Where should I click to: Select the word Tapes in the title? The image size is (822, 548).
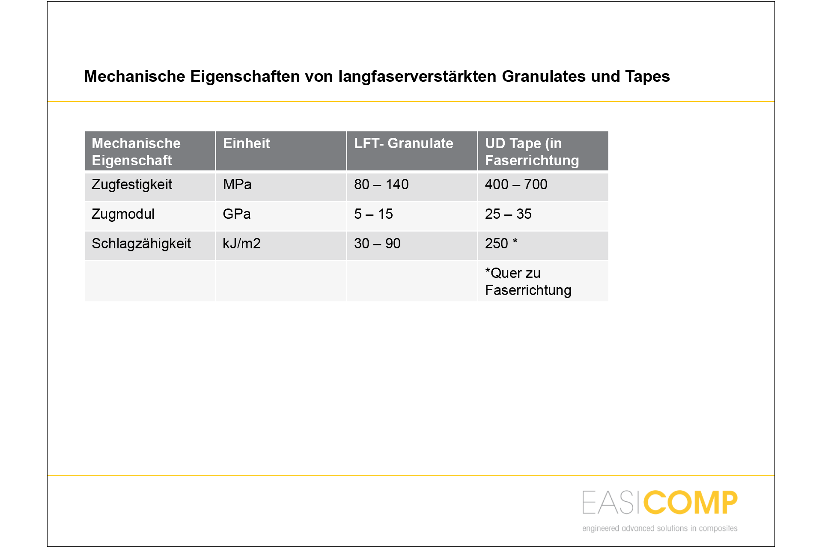pos(647,77)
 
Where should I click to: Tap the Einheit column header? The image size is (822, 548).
pos(247,143)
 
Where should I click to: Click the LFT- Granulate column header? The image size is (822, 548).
pos(403,143)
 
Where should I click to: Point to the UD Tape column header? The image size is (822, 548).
pos(532,152)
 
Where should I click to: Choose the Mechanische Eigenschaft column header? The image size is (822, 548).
pos(136,152)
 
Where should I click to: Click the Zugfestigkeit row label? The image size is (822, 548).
pos(132,185)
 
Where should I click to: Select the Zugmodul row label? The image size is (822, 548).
pos(123,214)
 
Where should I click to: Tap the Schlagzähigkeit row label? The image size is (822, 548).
pos(141,244)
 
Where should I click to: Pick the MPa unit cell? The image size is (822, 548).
pos(237,185)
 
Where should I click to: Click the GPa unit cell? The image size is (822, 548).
pos(237,214)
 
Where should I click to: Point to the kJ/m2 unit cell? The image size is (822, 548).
pos(241,244)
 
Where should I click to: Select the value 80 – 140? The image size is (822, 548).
pos(381,185)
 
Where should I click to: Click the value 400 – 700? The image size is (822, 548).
pos(516,185)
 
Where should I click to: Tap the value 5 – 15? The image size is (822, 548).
pos(373,214)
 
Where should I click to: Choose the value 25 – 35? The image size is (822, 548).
pos(508,214)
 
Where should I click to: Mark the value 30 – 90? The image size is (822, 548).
pos(377,244)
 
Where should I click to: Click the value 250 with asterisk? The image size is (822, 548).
pos(501,244)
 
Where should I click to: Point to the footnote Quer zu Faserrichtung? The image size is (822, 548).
pos(528,282)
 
